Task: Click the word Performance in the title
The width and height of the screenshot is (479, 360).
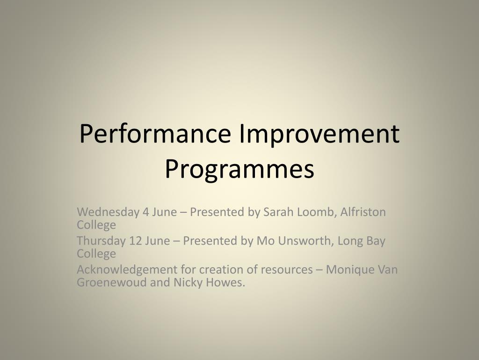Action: (155, 135)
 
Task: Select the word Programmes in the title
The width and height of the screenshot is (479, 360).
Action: (239, 169)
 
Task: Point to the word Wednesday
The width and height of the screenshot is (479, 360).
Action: (108, 212)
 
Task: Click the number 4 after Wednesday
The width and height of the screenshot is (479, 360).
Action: (146, 212)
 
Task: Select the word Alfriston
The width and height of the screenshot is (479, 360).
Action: (363, 212)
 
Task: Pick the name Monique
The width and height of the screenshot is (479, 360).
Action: (348, 270)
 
